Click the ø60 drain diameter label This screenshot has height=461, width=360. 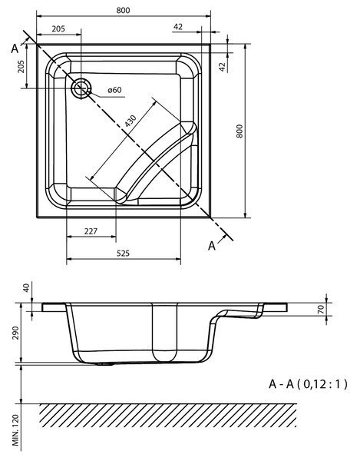pos(114,90)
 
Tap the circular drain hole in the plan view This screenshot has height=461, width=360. pos(81,88)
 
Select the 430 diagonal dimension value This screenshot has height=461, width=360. pos(130,121)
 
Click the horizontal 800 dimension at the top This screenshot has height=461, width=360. pos(123,10)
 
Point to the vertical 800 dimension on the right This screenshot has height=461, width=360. pos(239,131)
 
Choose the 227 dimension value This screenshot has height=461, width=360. pos(91,231)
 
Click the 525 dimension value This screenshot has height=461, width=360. pos(123,253)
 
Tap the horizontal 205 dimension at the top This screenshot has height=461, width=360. pos(58,29)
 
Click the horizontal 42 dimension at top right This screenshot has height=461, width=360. pos(178,27)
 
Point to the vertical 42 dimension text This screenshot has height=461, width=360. pos(223,67)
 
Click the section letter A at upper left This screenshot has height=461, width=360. pos(15,49)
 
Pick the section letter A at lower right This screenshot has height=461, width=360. pos(212,246)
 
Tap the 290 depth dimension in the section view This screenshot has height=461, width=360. pos(15,333)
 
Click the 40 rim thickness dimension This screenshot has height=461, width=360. pos(26,287)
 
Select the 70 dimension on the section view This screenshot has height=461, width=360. pos(321,310)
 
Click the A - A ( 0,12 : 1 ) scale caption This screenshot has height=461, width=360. pos(308,384)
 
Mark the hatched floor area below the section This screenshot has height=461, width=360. pos(168,416)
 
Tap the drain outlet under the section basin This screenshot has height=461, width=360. pos(104,364)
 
